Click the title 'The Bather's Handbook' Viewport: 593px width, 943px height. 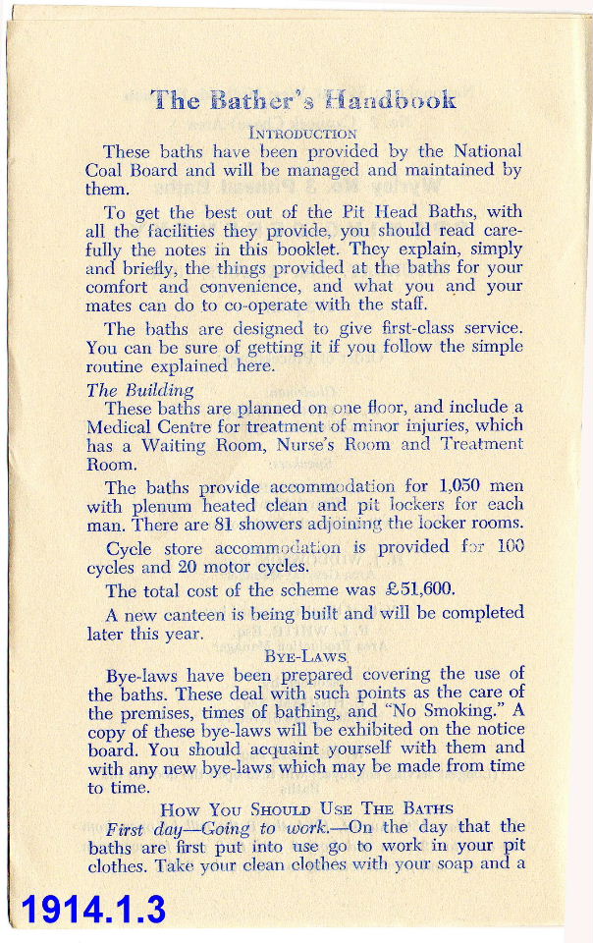point(303,99)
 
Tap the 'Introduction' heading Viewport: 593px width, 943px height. point(302,132)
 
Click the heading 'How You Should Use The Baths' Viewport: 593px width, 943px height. point(306,808)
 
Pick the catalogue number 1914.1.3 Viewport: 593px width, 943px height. point(93,910)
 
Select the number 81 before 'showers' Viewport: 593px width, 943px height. point(224,524)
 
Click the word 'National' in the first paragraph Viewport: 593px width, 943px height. point(487,151)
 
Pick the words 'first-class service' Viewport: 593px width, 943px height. point(446,328)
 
